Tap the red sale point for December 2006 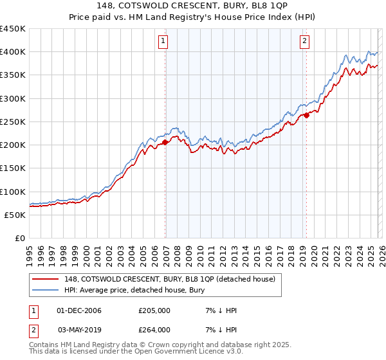pos(165,142)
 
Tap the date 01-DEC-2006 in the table pos(79,310)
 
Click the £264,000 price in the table pos(154,330)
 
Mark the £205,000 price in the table pos(154,310)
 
